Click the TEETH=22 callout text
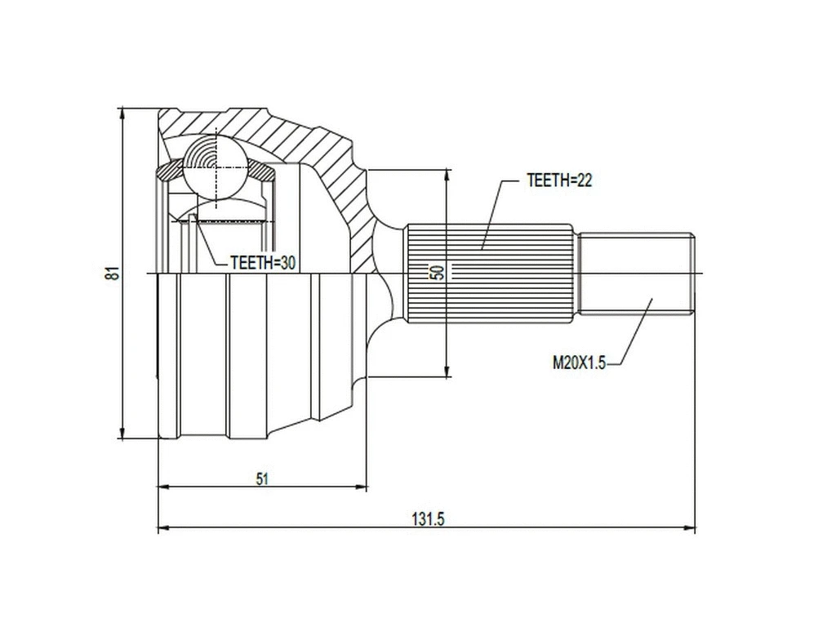coord(559,181)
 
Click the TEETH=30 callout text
coord(262,262)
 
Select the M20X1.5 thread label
coord(578,363)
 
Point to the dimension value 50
coord(438,273)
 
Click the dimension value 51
coord(261,479)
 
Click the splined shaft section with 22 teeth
coord(490,273)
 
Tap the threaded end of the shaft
coord(637,273)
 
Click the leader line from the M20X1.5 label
coord(633,335)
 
